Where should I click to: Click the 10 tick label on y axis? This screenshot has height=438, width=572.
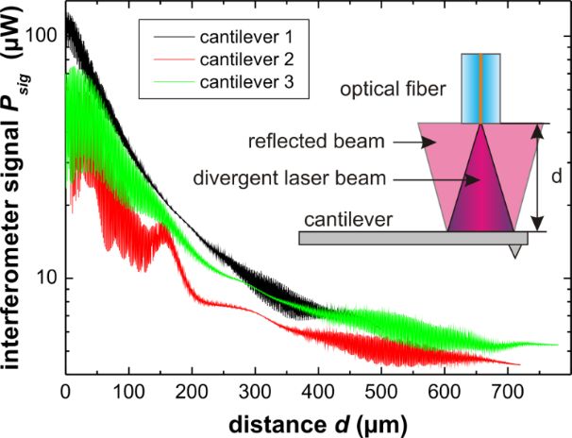tap(45, 277)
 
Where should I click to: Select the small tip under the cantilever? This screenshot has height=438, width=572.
tap(514, 251)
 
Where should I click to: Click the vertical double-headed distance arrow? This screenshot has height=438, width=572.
tap(537, 177)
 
